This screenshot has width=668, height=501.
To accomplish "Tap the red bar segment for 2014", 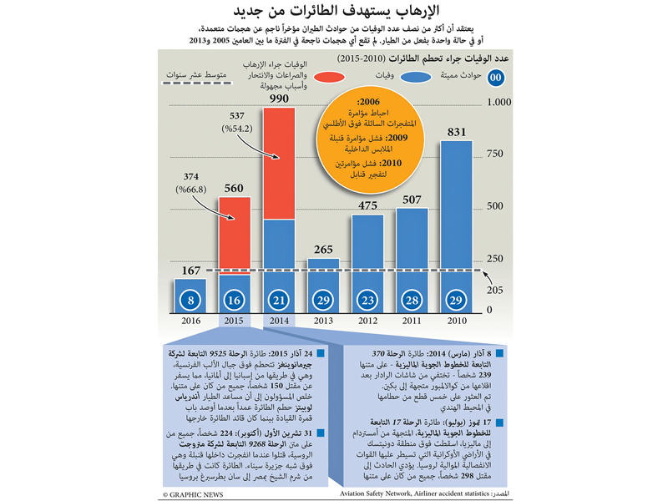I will (x=279, y=163).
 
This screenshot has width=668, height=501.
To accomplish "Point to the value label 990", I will (x=279, y=99).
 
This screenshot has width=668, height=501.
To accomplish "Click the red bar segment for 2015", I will (x=234, y=237).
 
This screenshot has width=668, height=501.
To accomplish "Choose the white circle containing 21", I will (x=279, y=298).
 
